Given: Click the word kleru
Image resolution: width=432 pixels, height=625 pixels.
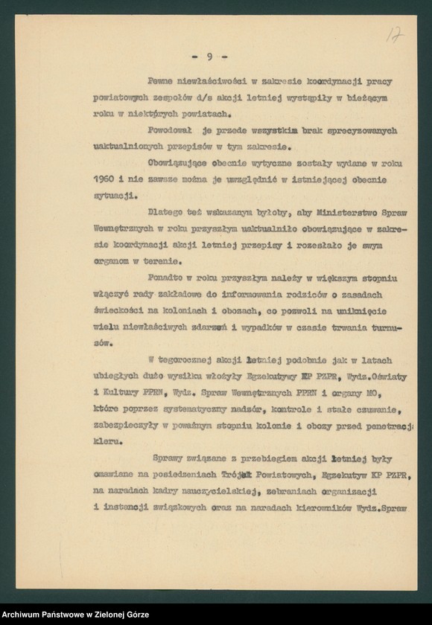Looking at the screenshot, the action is pyautogui.click(x=107, y=441).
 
